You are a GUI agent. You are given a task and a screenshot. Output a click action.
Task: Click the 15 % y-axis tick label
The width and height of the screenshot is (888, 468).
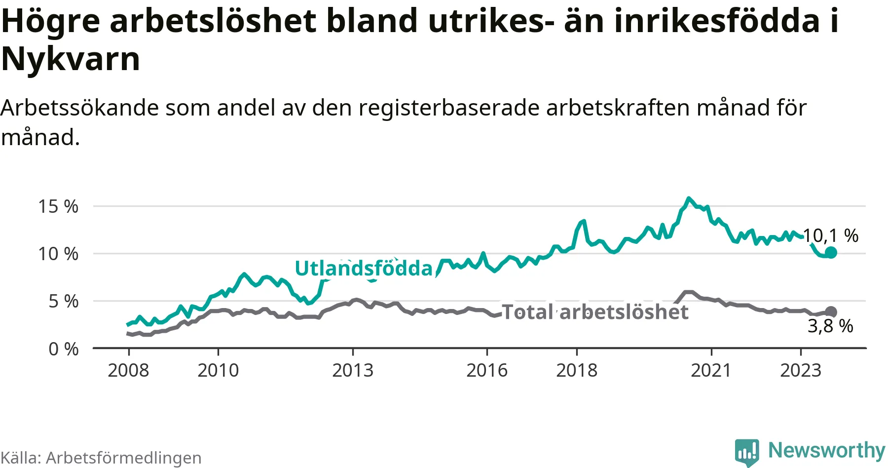pyautogui.click(x=58, y=206)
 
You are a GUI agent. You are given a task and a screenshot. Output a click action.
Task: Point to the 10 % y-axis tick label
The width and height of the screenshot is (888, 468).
pyautogui.click(x=58, y=254)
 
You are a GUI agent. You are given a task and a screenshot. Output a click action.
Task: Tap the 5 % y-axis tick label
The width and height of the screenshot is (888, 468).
pyautogui.click(x=63, y=301)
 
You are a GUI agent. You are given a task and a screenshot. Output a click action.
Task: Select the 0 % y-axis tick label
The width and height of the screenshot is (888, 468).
pyautogui.click(x=63, y=349)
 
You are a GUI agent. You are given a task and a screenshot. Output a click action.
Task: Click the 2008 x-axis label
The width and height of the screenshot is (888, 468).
pyautogui.click(x=128, y=370)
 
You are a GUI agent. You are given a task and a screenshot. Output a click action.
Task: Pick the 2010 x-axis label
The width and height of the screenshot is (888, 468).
pyautogui.click(x=218, y=370)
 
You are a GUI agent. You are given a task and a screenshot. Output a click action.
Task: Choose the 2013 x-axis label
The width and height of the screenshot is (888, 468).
pyautogui.click(x=353, y=370)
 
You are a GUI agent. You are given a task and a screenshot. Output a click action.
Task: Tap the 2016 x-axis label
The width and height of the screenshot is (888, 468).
pyautogui.click(x=487, y=370)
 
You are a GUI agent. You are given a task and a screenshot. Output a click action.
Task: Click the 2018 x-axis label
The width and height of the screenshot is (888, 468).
pyautogui.click(x=577, y=370)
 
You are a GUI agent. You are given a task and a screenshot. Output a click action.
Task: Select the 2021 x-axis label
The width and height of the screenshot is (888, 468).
pyautogui.click(x=711, y=370)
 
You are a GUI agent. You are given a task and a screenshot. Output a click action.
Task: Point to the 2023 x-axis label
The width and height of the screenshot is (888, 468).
pyautogui.click(x=801, y=370)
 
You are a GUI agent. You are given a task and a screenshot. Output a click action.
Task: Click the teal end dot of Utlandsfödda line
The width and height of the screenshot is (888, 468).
pyautogui.click(x=831, y=252)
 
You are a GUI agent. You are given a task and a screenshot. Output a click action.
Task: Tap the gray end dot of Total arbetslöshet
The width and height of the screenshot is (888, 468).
pyautogui.click(x=831, y=312)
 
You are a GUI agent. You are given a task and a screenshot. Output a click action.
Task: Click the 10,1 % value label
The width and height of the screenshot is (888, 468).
pyautogui.click(x=831, y=235)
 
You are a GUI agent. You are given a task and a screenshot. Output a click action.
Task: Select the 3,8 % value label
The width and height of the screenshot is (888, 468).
pyautogui.click(x=830, y=326)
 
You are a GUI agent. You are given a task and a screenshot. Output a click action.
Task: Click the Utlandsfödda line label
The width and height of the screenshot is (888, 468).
pyautogui.click(x=364, y=268)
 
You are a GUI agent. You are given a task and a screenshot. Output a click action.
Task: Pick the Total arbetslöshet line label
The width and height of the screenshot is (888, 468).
pyautogui.click(x=595, y=312)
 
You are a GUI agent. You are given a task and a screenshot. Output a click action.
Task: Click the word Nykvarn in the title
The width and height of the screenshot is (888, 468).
pyautogui.click(x=71, y=59)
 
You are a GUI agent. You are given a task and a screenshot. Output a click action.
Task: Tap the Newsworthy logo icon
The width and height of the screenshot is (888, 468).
pyautogui.click(x=746, y=452)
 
